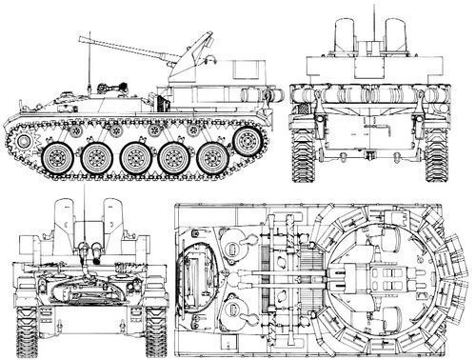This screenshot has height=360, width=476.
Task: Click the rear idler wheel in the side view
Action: [x=250, y=142]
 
